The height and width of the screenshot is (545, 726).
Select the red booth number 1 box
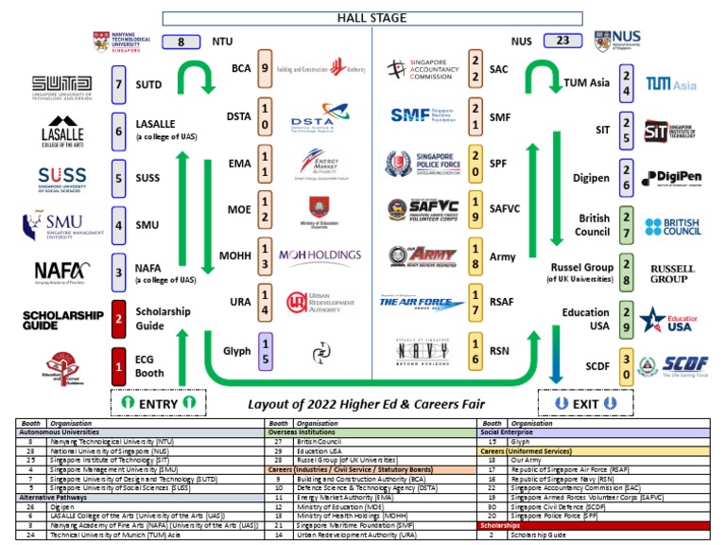click(x=119, y=365)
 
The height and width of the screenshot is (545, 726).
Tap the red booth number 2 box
click(x=119, y=318)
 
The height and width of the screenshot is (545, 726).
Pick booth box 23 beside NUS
click(x=563, y=41)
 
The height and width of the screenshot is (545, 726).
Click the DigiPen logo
click(x=671, y=179)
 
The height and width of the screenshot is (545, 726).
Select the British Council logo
click(x=672, y=226)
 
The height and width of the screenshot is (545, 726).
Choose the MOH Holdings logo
click(x=320, y=255)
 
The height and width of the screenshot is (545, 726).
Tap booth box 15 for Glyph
click(x=266, y=351)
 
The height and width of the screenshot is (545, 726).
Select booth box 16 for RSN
click(x=475, y=351)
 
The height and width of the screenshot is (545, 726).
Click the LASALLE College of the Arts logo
click(x=62, y=132)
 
